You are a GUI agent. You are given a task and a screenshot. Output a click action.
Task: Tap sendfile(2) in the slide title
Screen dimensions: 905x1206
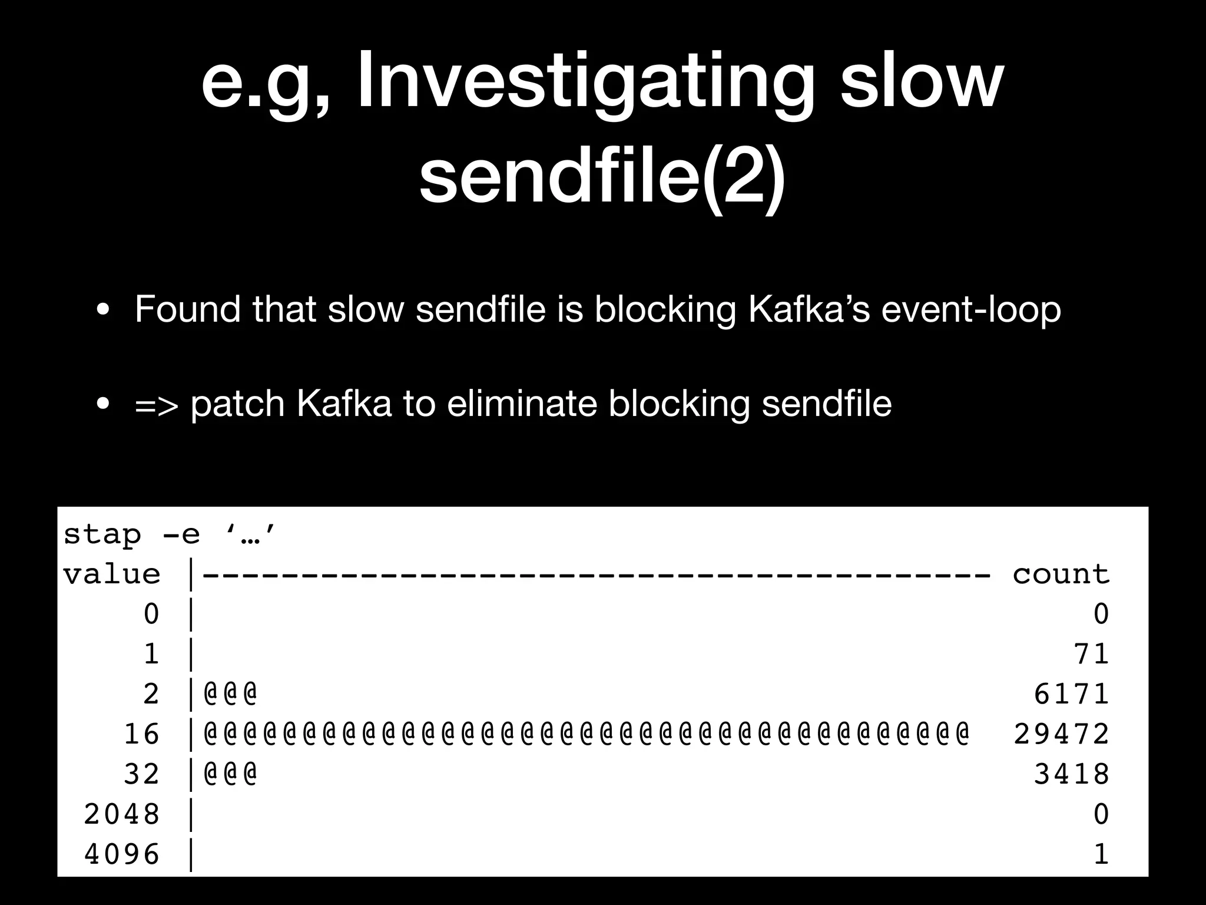[602, 176]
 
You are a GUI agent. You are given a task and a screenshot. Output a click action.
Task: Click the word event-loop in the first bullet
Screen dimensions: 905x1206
[970, 309]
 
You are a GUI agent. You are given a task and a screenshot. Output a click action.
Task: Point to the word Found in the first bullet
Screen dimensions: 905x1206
[187, 309]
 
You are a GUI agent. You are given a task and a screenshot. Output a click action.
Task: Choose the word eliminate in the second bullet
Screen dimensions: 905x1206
[521, 404]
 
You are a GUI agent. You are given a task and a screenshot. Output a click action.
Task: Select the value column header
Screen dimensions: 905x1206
[112, 574]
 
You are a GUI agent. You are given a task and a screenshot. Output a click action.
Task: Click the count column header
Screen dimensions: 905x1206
[1061, 574]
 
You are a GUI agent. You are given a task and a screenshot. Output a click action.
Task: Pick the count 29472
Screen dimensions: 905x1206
[1061, 734]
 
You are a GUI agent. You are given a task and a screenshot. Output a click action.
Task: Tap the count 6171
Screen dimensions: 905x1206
[1071, 694]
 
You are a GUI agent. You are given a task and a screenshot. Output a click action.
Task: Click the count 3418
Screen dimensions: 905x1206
[1071, 774]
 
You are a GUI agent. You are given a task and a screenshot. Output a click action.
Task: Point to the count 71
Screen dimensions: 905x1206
[1091, 654]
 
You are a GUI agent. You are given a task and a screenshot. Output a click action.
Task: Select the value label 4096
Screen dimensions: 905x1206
[122, 854]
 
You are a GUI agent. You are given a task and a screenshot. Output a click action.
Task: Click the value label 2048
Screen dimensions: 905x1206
[122, 814]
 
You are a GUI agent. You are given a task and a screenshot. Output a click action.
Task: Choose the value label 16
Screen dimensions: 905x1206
[142, 734]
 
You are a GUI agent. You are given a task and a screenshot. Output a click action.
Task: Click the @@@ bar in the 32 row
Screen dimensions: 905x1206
[230, 774]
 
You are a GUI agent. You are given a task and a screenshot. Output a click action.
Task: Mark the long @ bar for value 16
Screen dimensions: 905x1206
[586, 734]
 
